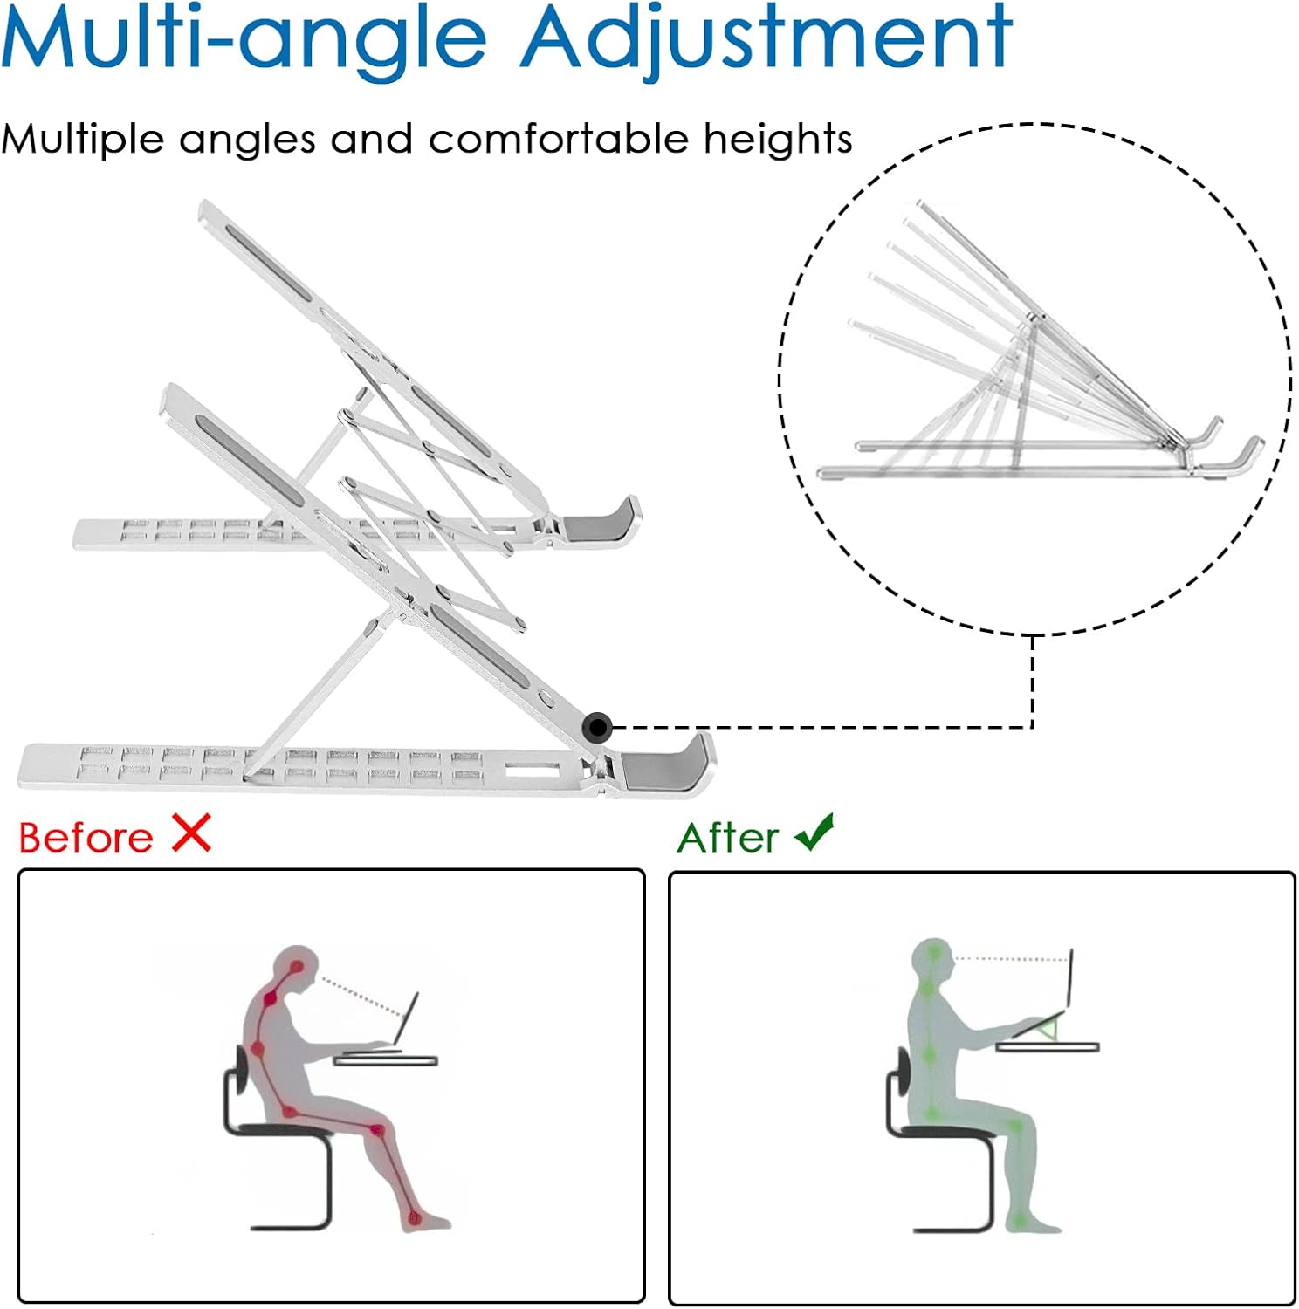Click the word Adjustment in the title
(766, 39)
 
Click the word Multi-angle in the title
(244, 39)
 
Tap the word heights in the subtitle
(778, 139)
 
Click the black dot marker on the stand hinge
(597, 726)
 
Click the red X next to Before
(192, 833)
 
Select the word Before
(86, 837)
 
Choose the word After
(728, 837)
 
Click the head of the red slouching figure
(294, 969)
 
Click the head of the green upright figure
(932, 958)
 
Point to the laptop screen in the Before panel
(406, 1018)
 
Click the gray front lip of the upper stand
(602, 521)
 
